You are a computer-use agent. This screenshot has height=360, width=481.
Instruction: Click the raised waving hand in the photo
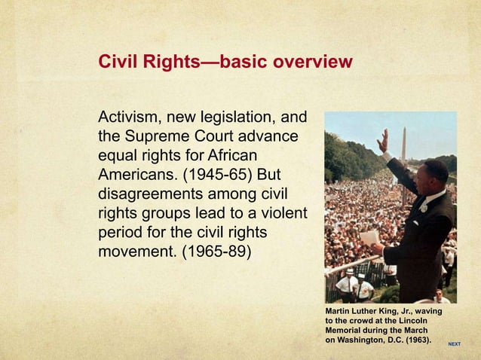[383, 141]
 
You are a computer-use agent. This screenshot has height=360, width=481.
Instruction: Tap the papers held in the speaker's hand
[370, 237]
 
